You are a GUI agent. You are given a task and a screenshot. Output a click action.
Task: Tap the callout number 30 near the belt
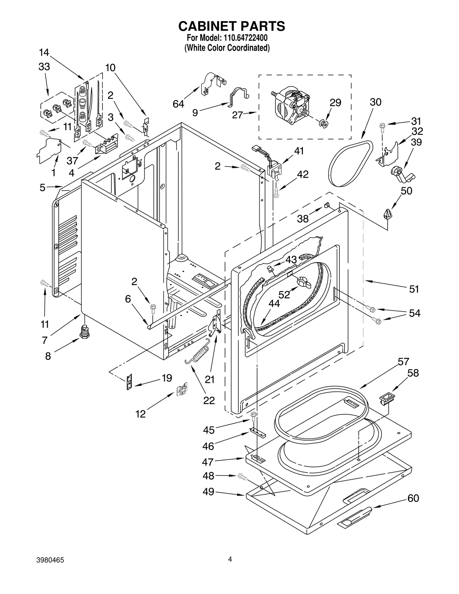point(375,102)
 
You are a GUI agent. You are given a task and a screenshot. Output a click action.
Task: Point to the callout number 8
point(48,356)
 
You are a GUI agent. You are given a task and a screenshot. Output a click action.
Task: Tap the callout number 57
point(403,362)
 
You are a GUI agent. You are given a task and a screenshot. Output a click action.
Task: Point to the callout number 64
point(178,104)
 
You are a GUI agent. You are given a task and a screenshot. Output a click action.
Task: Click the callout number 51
point(414,289)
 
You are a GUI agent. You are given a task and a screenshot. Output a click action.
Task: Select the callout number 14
point(44,52)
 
